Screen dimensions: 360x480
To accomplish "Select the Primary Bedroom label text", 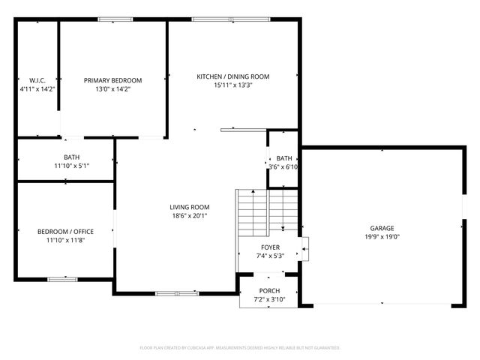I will click(112, 80).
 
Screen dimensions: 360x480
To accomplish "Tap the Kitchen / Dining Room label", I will click(232, 76).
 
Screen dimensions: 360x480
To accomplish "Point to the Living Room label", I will click(189, 207).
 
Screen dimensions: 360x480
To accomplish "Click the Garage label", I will click(381, 228).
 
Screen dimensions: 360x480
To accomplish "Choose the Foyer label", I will click(270, 247).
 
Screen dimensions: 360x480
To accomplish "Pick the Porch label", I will click(269, 291).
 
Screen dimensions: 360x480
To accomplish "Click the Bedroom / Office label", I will click(66, 232).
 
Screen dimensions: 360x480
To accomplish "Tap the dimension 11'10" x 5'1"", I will click(71, 166).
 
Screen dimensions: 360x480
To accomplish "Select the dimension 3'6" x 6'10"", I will click(284, 166).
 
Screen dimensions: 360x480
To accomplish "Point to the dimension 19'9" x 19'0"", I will click(381, 236).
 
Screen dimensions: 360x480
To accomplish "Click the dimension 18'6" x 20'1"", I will click(189, 216).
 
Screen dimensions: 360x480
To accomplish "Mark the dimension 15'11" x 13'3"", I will click(232, 85).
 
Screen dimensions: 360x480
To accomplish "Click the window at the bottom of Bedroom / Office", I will click(62, 279).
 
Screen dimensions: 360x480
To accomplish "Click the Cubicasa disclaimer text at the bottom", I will click(240, 348).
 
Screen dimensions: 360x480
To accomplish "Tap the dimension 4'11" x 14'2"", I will click(37, 88).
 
